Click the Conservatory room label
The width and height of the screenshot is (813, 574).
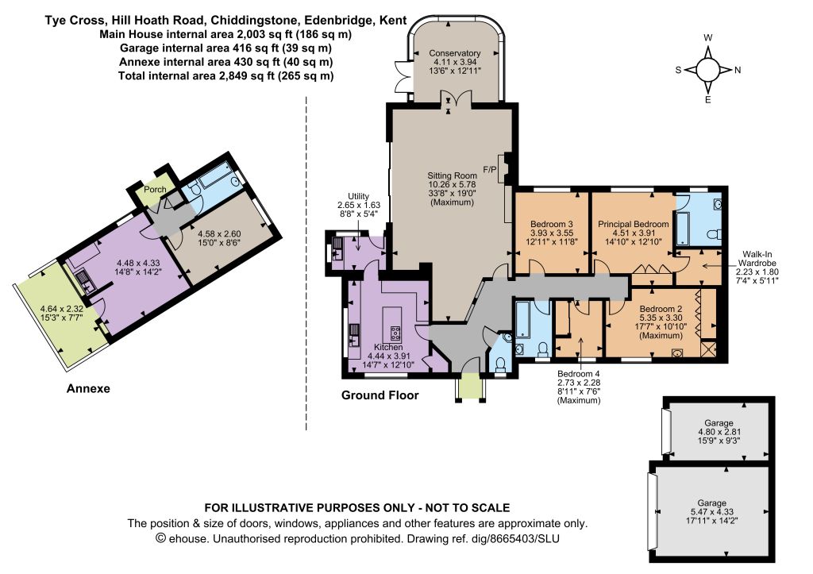tap(455, 53)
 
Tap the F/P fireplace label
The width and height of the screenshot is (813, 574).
tap(489, 169)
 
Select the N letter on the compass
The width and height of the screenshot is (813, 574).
tap(738, 70)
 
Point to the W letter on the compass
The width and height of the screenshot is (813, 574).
tap(707, 37)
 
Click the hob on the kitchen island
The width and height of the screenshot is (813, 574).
tap(395, 333)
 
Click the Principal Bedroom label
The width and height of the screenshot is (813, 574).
tap(633, 224)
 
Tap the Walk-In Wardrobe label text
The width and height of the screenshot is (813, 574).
tap(757, 258)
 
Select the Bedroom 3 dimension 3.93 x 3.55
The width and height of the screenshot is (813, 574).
tap(552, 233)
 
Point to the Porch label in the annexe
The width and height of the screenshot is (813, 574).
tap(155, 190)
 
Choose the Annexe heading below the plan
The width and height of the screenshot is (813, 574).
tap(88, 388)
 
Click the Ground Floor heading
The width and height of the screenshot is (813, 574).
tap(380, 395)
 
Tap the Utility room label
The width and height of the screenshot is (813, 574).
tap(358, 196)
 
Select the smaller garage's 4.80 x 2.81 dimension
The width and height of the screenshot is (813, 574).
tap(719, 432)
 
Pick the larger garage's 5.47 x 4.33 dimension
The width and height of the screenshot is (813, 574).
tap(712, 512)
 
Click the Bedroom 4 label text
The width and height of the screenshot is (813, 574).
tap(579, 374)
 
